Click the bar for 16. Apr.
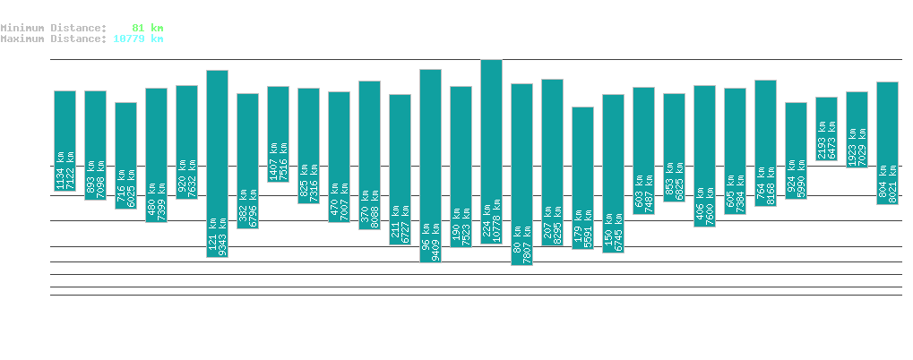click(491, 151)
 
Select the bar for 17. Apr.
click(521, 174)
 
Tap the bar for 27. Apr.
click(826, 129)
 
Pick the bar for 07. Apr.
click(217, 163)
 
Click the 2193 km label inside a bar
click(822, 141)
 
